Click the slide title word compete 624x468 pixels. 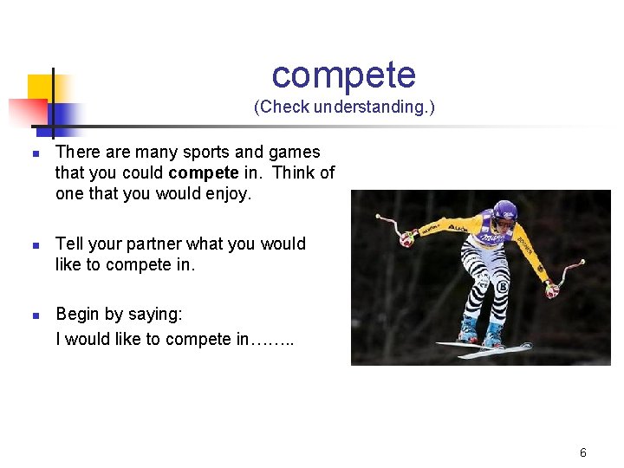343,75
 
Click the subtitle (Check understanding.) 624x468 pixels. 344,107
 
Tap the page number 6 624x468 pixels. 583,452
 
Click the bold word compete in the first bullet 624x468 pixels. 204,172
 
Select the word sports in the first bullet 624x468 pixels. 209,152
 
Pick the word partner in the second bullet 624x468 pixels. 152,244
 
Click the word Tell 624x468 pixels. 70,244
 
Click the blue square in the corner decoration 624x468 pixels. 63,114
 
